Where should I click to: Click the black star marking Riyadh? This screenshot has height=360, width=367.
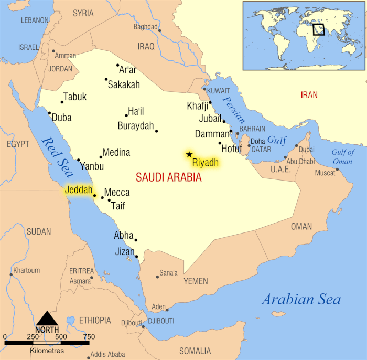click(x=189, y=154)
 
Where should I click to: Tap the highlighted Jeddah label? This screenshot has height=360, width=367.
click(x=79, y=189)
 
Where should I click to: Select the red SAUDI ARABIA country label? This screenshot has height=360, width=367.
click(x=168, y=177)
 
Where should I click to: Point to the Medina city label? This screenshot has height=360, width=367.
click(x=116, y=153)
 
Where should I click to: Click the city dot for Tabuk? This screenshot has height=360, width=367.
click(x=62, y=102)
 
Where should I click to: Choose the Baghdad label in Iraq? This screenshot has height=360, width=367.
click(x=145, y=26)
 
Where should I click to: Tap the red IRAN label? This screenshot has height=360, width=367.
click(x=309, y=95)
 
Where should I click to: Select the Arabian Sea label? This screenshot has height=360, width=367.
click(x=301, y=300)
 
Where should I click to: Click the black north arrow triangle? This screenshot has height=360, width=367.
click(x=47, y=318)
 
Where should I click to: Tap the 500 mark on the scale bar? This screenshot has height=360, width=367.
click(x=61, y=336)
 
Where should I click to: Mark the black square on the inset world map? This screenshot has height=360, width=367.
click(x=318, y=29)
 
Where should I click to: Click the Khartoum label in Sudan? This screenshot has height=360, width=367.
click(x=27, y=270)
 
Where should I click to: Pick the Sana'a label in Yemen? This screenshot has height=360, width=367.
click(x=168, y=273)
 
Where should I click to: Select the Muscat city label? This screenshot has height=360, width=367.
click(x=325, y=173)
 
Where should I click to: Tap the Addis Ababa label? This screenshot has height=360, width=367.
click(x=107, y=354)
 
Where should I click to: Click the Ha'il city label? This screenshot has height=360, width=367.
click(x=136, y=111)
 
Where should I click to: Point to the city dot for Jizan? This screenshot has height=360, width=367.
click(x=136, y=257)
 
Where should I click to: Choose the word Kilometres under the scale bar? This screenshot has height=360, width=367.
click(x=47, y=350)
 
